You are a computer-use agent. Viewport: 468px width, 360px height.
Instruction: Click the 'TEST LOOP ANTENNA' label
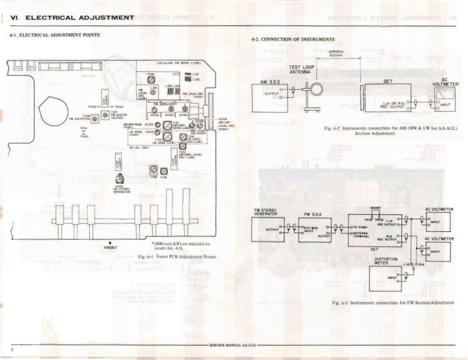[x=302, y=70]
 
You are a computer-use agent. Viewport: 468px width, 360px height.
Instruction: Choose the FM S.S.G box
[x=315, y=229]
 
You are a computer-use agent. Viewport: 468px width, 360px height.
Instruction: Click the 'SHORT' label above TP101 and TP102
[x=375, y=208]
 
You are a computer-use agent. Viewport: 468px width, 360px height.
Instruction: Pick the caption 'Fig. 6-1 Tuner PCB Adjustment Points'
[x=177, y=257]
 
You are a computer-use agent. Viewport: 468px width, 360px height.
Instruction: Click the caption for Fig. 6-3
[x=392, y=303]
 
